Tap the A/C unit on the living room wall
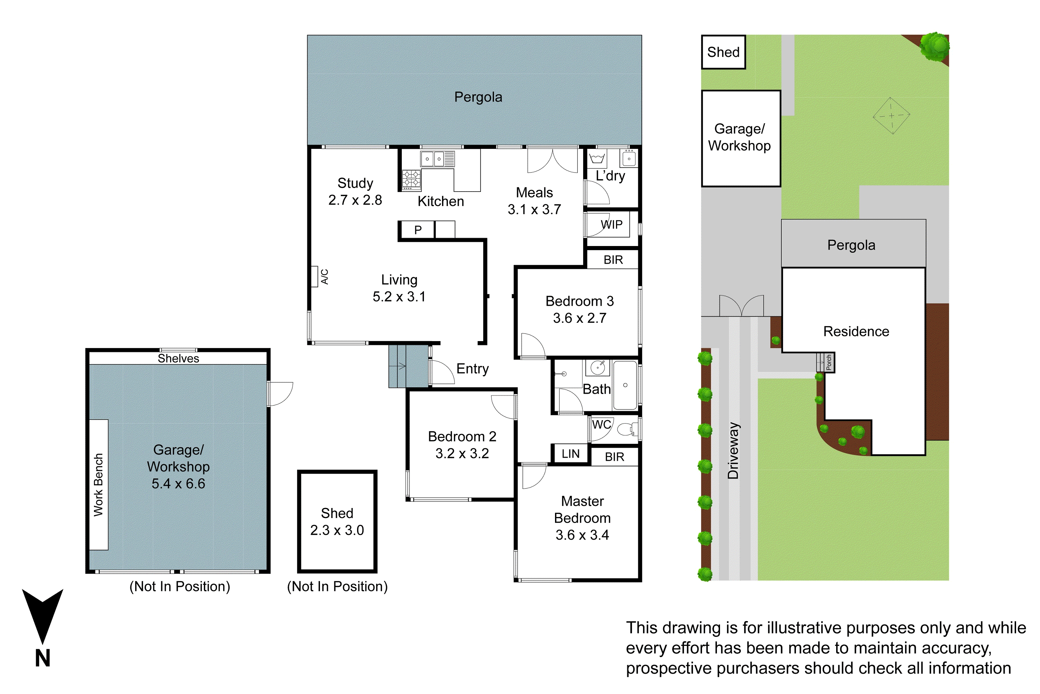[314, 277]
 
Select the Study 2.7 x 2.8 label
[355, 192]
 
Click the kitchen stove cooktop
[411, 179]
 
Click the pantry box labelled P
[417, 230]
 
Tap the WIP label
[612, 225]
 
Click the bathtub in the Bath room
[625, 385]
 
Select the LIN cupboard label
[570, 454]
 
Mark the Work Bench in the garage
[98, 485]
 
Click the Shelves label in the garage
[178, 358]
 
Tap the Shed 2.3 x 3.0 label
[337, 522]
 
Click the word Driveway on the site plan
[734, 450]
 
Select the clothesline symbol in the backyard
[891, 116]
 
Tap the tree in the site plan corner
[934, 46]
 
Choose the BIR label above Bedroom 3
[613, 260]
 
